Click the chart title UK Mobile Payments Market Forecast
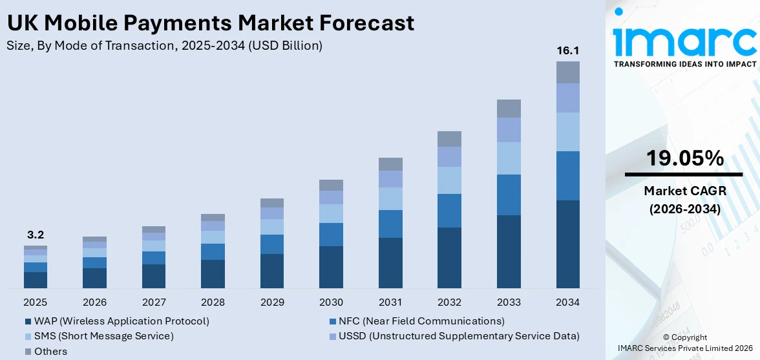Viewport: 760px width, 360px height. click(x=210, y=23)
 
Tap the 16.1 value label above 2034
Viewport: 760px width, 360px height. click(x=567, y=50)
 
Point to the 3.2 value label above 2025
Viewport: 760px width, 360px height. click(x=36, y=235)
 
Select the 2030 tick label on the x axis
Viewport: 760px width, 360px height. click(x=331, y=302)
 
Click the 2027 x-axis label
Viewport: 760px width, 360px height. click(x=154, y=302)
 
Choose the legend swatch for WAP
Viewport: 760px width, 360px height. click(x=28, y=321)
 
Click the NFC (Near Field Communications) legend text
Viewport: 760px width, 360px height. click(x=422, y=321)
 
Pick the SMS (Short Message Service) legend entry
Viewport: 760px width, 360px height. click(x=103, y=336)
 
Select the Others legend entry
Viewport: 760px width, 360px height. click(x=50, y=352)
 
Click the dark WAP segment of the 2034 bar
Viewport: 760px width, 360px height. click(x=567, y=244)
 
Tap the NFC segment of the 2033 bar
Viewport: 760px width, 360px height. click(x=509, y=195)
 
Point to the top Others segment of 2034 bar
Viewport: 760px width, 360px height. click(x=567, y=72)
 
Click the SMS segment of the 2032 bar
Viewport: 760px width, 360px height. click(x=449, y=180)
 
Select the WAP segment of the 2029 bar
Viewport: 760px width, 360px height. click(x=272, y=271)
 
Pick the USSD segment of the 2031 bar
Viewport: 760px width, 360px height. click(x=390, y=179)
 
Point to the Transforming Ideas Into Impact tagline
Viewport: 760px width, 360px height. click(x=684, y=64)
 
